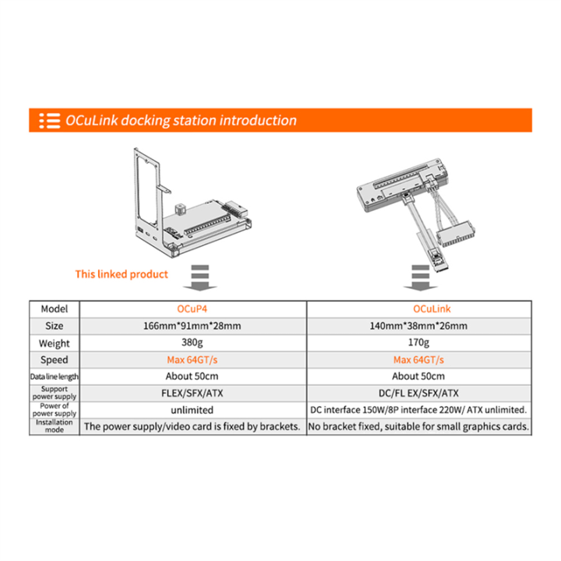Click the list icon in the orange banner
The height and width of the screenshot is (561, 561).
[x=50, y=121]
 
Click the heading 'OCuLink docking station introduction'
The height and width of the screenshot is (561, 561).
[x=181, y=121]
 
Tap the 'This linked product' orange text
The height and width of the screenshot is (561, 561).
[x=122, y=274]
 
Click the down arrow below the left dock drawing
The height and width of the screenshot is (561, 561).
[x=200, y=277]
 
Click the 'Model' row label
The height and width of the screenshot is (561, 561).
[x=55, y=309]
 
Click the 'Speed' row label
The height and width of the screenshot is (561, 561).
[x=55, y=360]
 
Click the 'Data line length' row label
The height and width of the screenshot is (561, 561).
[x=55, y=377]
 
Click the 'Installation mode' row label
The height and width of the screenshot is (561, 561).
[x=55, y=426]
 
